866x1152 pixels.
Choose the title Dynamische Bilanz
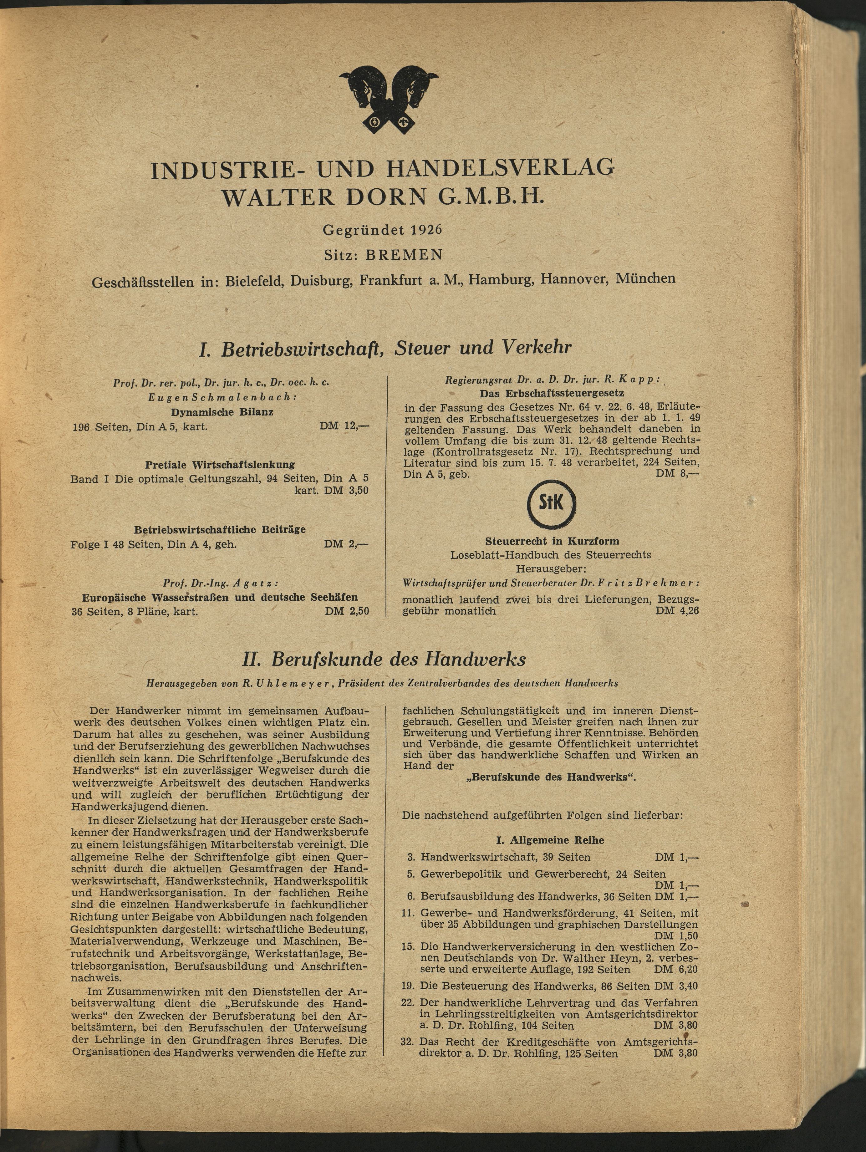pos(222,412)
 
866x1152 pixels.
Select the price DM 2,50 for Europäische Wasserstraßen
pos(347,611)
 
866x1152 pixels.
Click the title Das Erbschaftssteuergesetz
pos(552,393)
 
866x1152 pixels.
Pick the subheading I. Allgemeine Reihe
pos(550,840)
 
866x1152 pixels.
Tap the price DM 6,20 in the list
pos(676,970)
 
